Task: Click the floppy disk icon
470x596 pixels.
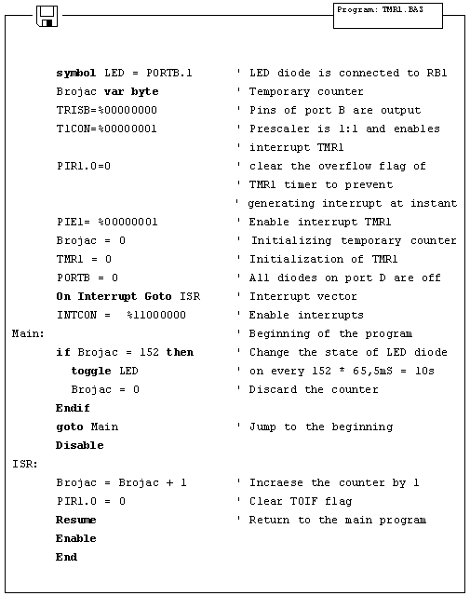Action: (x=47, y=15)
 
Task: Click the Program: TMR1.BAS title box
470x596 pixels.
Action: (x=387, y=15)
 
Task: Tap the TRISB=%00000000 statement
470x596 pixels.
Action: (x=107, y=110)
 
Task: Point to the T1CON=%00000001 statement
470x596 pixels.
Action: (x=107, y=129)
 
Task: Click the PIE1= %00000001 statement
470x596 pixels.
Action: (x=107, y=222)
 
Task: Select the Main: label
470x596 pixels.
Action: (x=26, y=333)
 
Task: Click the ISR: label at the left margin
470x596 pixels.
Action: (x=23, y=464)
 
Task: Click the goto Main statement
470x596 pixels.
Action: (x=87, y=427)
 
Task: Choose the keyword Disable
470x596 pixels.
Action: (x=80, y=445)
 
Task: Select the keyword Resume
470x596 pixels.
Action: (x=76, y=520)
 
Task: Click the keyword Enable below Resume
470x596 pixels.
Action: (x=76, y=538)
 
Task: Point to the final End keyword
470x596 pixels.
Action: (x=67, y=557)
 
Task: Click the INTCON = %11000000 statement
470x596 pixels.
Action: (x=121, y=315)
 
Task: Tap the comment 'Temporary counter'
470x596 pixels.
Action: (x=306, y=91)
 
